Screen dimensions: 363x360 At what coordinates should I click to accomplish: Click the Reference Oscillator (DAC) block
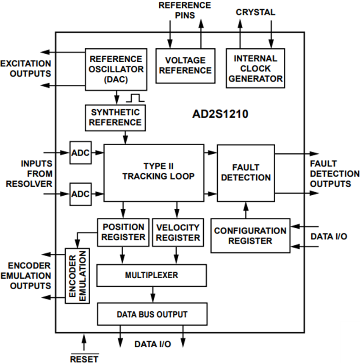pyautogui.click(x=116, y=69)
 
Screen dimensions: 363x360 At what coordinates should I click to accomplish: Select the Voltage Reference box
pyautogui.click(x=185, y=65)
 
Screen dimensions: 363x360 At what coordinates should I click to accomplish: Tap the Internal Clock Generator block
pyautogui.click(x=255, y=68)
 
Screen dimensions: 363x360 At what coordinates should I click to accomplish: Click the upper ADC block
pyautogui.click(x=80, y=152)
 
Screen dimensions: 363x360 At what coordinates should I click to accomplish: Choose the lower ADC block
pyautogui.click(x=80, y=194)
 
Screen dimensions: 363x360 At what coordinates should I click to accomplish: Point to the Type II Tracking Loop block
pyautogui.click(x=154, y=172)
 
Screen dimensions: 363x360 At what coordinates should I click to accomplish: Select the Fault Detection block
pyautogui.click(x=246, y=173)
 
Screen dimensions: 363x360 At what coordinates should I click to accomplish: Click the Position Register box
pyautogui.click(x=123, y=232)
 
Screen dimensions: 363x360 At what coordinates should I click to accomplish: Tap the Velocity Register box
pyautogui.click(x=177, y=232)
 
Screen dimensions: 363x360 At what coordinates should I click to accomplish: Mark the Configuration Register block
pyautogui.click(x=250, y=236)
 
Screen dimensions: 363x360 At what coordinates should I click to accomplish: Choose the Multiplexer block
pyautogui.click(x=152, y=275)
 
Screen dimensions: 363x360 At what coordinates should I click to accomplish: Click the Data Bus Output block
pyautogui.click(x=152, y=314)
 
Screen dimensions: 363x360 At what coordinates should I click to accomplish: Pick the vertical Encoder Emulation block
pyautogui.click(x=78, y=275)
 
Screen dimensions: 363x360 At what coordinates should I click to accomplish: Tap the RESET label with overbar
pyautogui.click(x=84, y=358)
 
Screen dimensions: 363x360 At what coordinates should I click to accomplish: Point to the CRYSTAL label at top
pyautogui.click(x=255, y=13)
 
